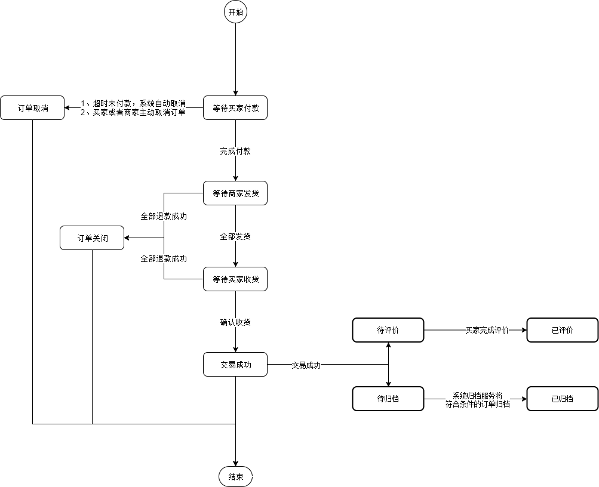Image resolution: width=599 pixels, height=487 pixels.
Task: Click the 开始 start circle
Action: tap(235, 11)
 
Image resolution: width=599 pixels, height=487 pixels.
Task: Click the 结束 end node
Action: tap(235, 476)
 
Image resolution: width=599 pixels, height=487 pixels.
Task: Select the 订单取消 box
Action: tap(32, 108)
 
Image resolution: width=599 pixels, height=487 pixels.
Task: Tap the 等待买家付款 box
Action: tap(235, 108)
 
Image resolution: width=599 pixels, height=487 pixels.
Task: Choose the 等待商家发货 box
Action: tap(235, 193)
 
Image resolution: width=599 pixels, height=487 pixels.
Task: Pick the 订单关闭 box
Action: tap(92, 238)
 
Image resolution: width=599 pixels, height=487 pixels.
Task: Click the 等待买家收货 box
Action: tap(235, 279)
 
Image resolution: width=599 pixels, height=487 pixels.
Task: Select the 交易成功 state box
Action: tap(235, 365)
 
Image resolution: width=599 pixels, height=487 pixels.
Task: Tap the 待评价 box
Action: tap(388, 330)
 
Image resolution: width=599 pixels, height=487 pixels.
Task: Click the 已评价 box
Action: tap(562, 330)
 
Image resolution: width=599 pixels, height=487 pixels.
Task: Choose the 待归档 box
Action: tap(388, 399)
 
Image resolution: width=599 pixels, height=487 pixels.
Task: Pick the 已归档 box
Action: tap(562, 399)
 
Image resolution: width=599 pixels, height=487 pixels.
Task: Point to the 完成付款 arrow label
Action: tap(235, 151)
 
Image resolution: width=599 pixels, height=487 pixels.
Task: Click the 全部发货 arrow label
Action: tap(235, 236)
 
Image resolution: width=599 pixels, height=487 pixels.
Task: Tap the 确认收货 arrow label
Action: tap(235, 322)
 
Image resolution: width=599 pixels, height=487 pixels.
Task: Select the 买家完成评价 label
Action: tap(487, 330)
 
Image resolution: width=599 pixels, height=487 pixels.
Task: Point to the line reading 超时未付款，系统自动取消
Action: tap(133, 103)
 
